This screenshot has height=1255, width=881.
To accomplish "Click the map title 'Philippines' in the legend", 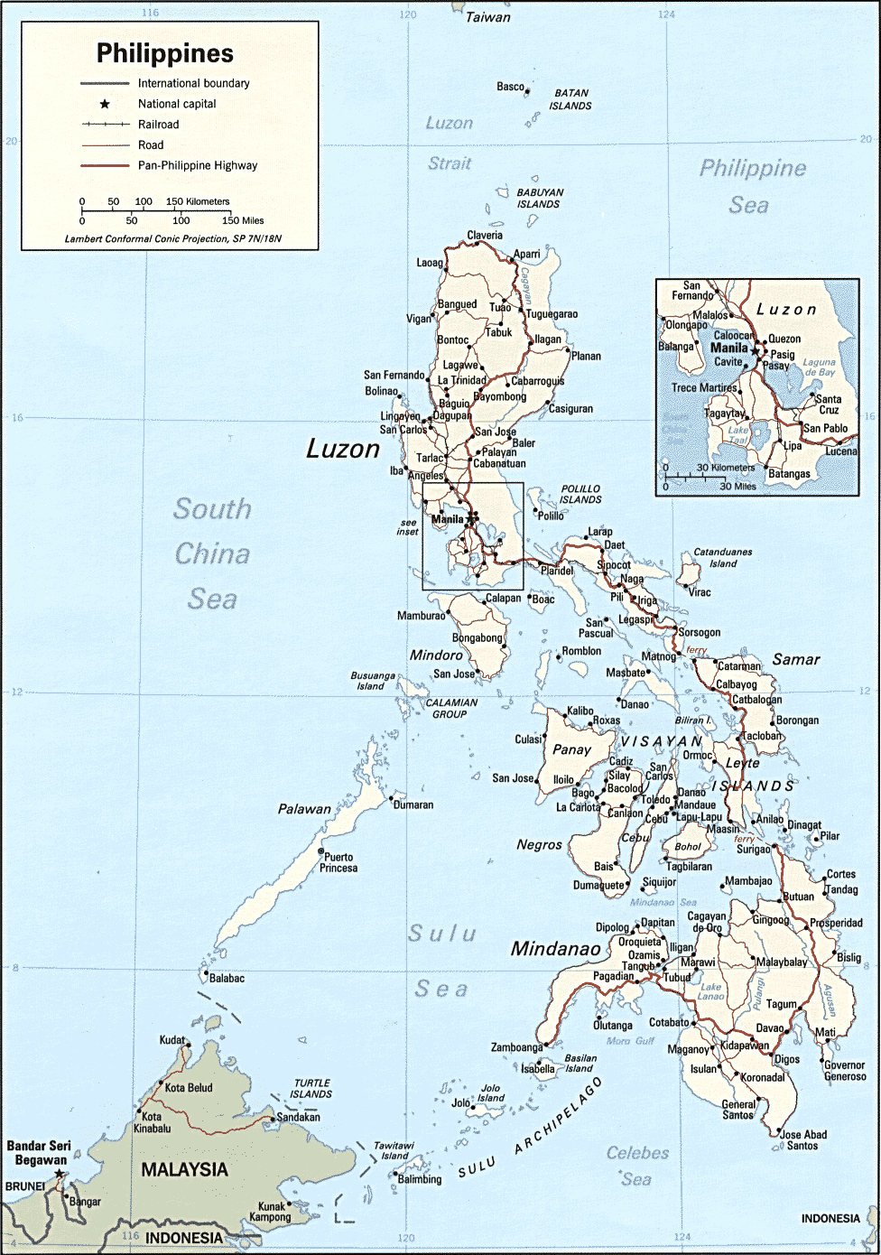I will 165,53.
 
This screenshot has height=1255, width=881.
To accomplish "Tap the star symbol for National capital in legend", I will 105,104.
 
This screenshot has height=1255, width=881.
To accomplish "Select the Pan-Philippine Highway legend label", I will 197,165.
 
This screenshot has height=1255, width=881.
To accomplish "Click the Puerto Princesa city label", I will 339,862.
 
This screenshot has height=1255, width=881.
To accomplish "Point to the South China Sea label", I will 212,553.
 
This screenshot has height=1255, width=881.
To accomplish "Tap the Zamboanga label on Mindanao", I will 516,1047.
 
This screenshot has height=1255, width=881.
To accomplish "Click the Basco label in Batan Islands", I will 510,87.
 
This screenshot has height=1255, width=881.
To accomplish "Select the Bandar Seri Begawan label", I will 39,1153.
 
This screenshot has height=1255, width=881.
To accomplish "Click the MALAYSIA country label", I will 184,1169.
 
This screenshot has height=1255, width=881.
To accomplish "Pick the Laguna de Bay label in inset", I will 820,367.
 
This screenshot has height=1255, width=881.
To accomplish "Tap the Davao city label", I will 769,1027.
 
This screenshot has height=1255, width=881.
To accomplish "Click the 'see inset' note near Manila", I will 408,527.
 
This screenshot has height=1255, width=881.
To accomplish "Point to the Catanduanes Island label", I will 722,557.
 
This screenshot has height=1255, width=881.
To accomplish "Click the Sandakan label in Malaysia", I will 298,1117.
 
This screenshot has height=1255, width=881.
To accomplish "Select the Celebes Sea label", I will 637,1166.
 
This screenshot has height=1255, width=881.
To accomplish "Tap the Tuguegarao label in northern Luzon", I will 552,314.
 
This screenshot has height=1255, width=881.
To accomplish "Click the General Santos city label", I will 738,1110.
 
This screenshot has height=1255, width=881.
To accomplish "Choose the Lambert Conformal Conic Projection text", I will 173,239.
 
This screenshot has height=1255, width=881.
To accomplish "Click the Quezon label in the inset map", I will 784,339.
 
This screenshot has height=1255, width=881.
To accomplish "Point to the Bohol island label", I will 688,847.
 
